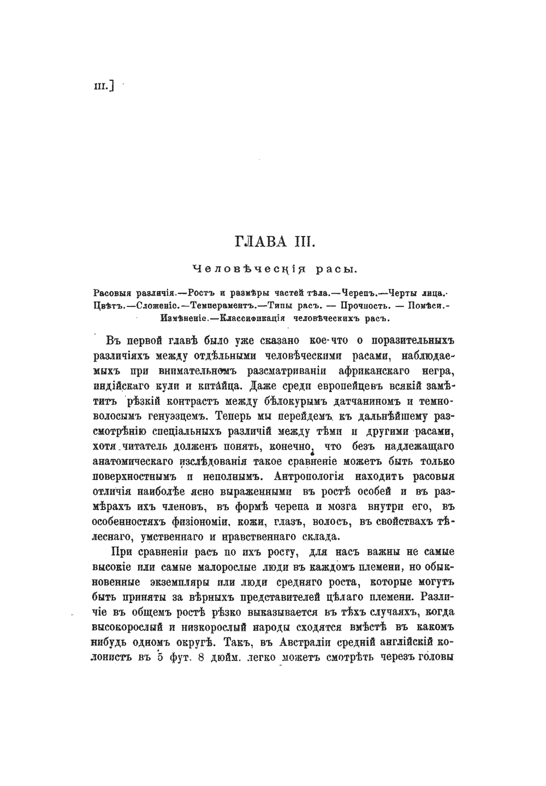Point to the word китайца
click(219, 387)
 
